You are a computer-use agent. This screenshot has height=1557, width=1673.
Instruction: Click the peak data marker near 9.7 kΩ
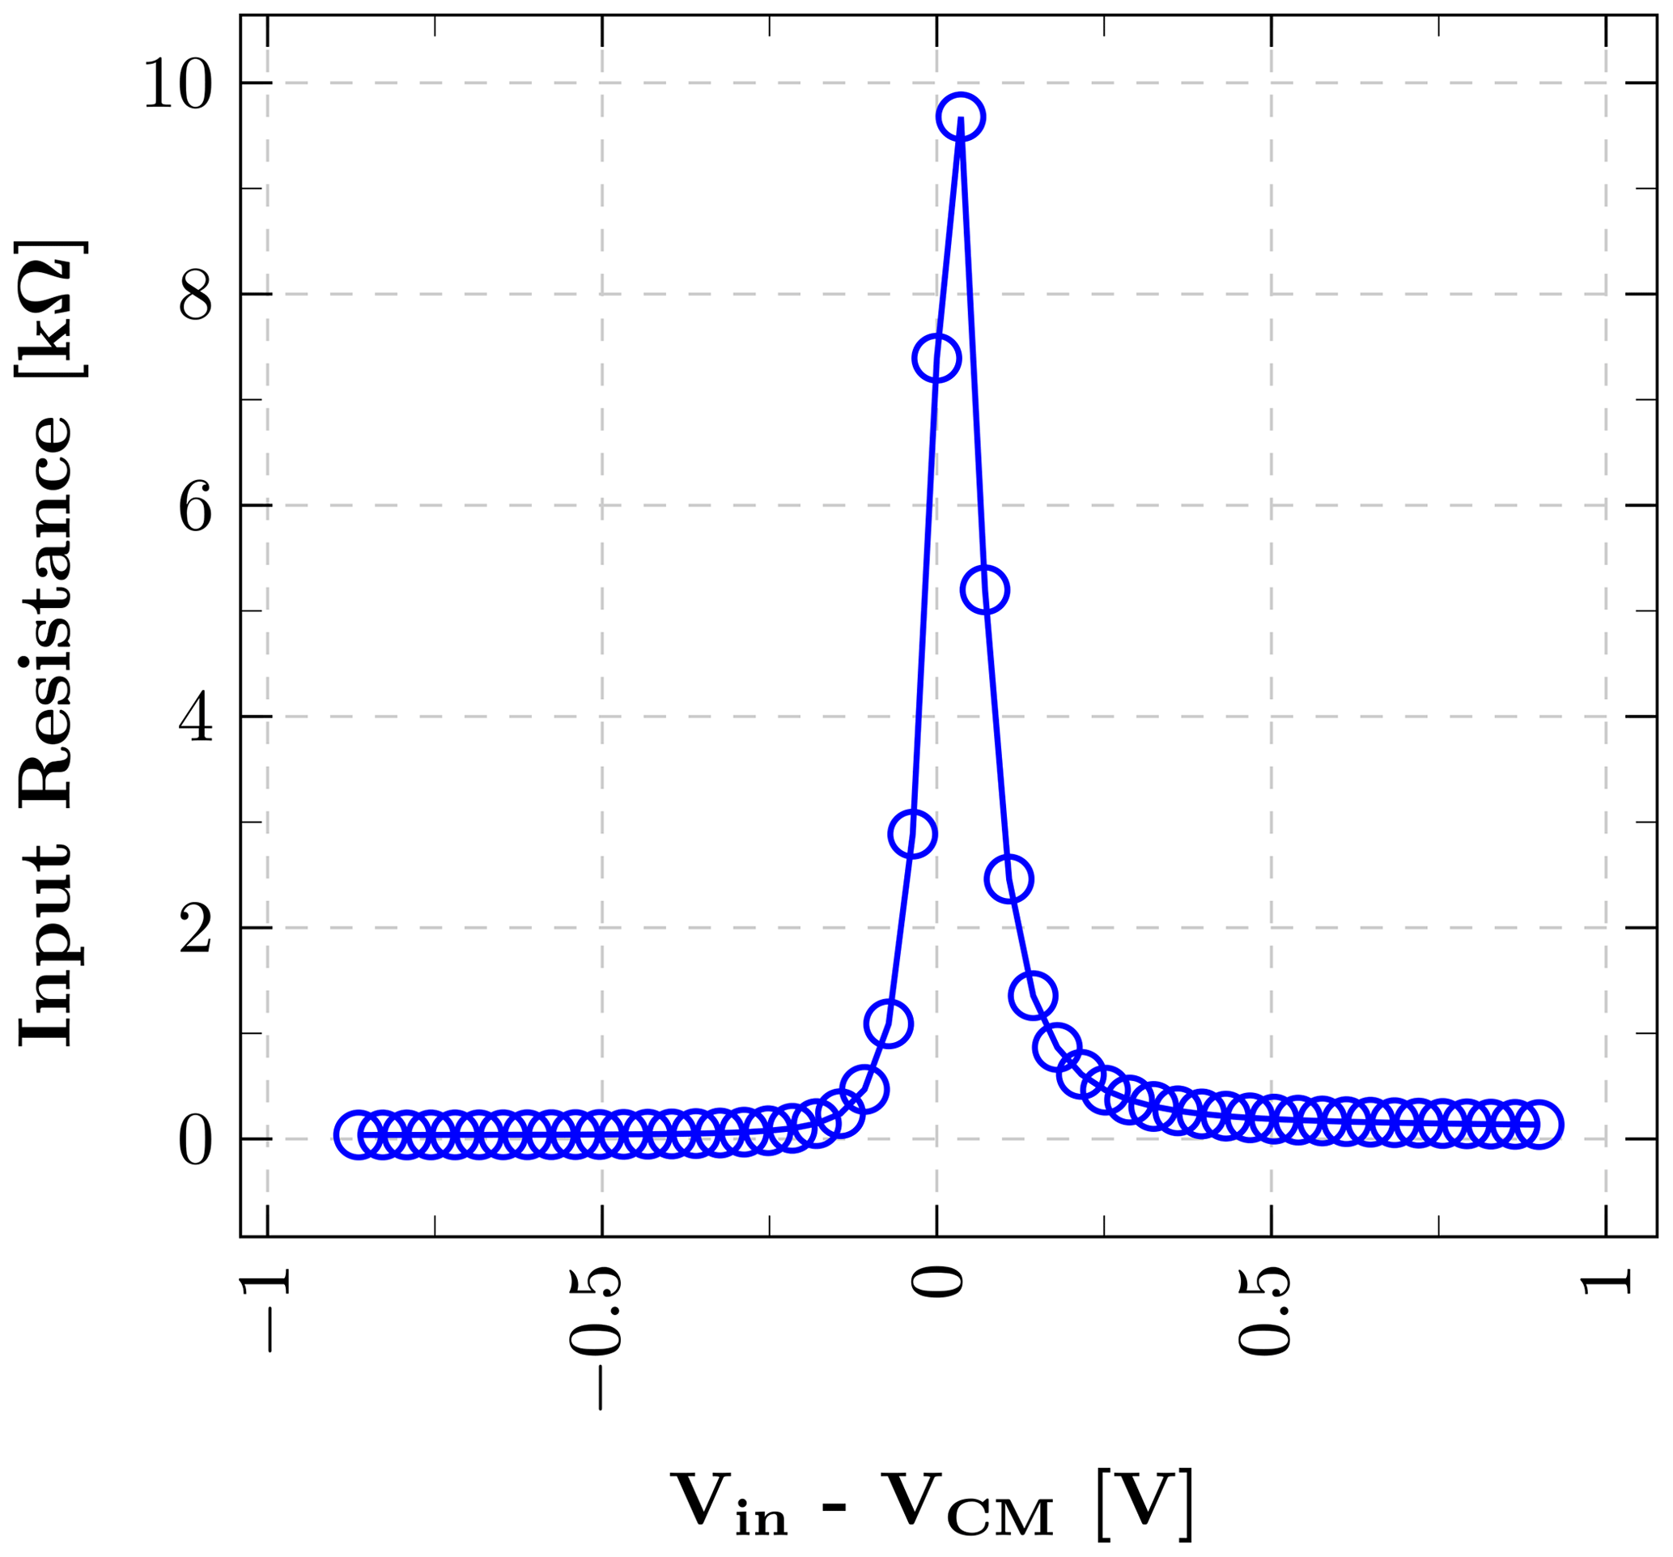pos(960,117)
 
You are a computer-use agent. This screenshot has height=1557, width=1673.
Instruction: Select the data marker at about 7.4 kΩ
pos(936,358)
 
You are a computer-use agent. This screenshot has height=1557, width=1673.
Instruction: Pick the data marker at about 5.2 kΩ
pos(984,590)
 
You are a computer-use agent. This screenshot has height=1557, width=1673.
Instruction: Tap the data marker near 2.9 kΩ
pos(911,833)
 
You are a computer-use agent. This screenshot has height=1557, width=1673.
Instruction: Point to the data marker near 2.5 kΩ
pos(1008,878)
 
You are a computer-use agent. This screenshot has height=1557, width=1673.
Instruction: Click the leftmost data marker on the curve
pos(359,1134)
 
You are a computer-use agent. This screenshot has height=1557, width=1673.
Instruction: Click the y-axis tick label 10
pos(177,84)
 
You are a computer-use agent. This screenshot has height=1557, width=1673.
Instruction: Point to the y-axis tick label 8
pos(194,295)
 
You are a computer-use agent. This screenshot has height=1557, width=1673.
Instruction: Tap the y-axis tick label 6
pos(194,506)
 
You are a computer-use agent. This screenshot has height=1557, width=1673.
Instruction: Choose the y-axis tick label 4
pos(194,717)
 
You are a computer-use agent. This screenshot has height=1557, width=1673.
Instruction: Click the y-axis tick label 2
pos(194,929)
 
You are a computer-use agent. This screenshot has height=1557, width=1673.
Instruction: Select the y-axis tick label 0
pos(194,1139)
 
